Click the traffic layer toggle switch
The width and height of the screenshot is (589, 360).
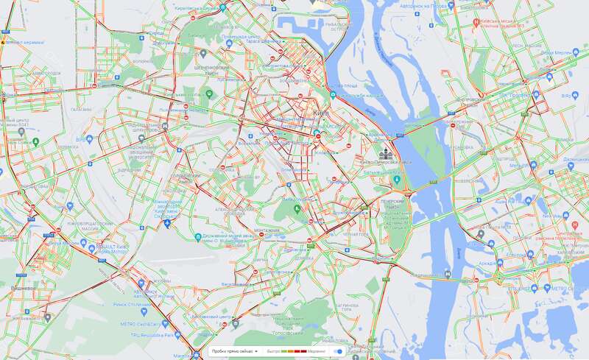tap(338, 352)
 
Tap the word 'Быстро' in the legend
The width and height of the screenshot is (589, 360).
tap(273, 352)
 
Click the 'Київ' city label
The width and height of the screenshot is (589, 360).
tap(321, 113)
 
